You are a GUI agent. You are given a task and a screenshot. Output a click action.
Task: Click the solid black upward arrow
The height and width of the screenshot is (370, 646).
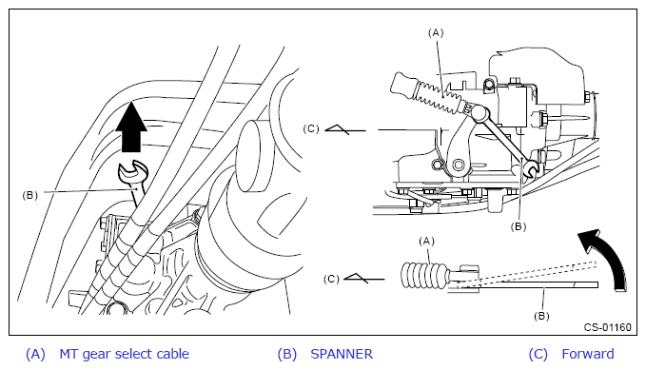click(x=131, y=127)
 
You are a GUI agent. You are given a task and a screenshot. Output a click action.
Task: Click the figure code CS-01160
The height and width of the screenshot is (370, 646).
click(x=607, y=327)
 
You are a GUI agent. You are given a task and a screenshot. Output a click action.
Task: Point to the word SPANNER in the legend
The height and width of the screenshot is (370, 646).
click(x=342, y=354)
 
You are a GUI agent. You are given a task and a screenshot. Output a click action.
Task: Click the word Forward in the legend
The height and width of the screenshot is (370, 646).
click(x=588, y=354)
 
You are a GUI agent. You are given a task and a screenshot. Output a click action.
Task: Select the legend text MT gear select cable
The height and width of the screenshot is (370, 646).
click(x=125, y=355)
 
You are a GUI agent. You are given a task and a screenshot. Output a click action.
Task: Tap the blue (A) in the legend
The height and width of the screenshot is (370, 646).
click(x=35, y=355)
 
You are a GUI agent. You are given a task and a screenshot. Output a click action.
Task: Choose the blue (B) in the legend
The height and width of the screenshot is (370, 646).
click(x=287, y=355)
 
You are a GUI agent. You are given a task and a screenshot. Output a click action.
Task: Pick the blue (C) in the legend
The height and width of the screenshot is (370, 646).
click(x=538, y=355)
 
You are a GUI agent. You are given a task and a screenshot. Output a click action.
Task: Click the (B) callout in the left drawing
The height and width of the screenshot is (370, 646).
click(x=30, y=195)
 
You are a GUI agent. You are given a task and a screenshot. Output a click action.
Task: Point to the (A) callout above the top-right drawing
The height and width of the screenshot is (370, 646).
click(x=436, y=32)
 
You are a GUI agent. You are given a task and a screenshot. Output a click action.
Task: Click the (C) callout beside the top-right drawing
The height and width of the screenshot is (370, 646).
click(x=311, y=129)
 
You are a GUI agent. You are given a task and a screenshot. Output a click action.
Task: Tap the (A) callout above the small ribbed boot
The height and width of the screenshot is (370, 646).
click(x=426, y=241)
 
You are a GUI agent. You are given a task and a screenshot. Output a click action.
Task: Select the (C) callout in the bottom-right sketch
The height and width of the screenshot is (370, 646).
click(x=331, y=279)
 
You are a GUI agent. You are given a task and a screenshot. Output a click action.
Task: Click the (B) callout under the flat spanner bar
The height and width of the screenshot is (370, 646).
click(x=541, y=316)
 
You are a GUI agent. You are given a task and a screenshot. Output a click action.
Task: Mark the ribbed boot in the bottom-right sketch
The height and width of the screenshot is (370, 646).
click(x=423, y=275)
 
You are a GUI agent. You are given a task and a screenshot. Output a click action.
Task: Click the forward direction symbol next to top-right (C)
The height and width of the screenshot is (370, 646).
click(x=344, y=129)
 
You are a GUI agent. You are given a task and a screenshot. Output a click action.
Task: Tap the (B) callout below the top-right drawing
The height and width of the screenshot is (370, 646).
click(x=519, y=226)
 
